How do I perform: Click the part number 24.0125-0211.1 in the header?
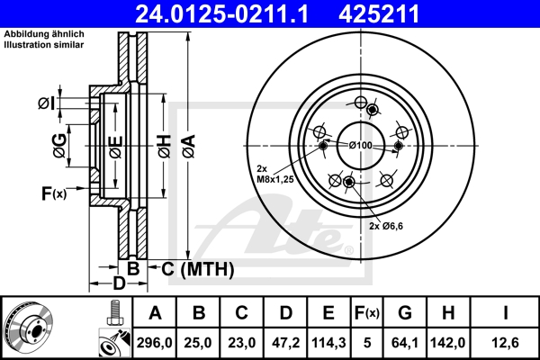(234, 13)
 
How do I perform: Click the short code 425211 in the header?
(391, 13)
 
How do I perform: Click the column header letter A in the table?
(155, 313)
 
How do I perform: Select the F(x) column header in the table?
(367, 313)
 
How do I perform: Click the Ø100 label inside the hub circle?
(360, 145)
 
